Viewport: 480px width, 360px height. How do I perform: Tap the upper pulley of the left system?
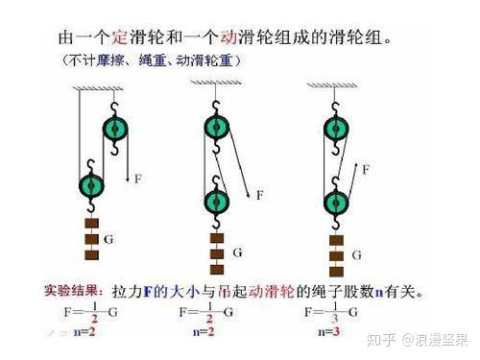point(117,129)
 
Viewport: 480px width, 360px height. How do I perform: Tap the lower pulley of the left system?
point(92,183)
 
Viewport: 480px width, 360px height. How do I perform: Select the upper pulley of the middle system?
point(218,128)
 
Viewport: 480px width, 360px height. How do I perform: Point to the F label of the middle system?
point(260,196)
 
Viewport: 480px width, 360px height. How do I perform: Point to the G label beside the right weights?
point(356,255)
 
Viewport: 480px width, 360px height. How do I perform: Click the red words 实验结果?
point(73,288)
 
